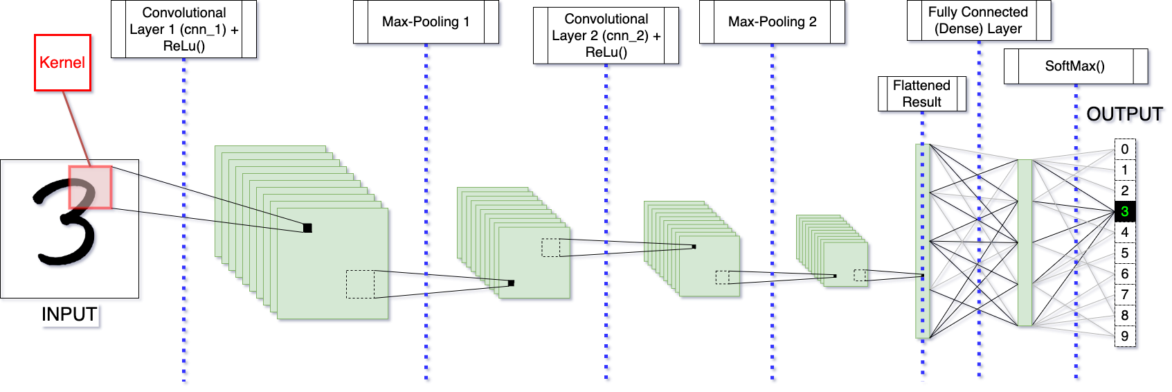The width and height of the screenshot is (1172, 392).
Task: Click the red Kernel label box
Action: point(62,62)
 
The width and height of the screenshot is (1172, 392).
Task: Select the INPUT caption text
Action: point(69,314)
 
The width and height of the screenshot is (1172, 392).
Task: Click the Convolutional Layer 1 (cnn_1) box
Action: point(183,29)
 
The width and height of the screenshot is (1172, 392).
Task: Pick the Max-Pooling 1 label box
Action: point(426,22)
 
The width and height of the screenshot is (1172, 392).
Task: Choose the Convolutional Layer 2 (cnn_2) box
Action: point(606,35)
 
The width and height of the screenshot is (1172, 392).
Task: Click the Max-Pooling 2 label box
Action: point(772,22)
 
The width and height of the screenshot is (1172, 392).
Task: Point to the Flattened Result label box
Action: point(921,93)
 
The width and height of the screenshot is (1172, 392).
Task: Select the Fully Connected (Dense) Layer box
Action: point(978,21)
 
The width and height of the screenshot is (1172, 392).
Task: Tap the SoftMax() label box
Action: point(1075,66)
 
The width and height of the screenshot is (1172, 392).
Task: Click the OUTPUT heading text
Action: point(1124,114)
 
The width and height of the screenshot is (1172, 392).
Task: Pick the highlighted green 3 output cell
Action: point(1125,211)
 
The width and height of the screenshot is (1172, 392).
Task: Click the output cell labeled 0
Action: point(1125,149)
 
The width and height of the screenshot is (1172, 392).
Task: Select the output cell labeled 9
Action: point(1125,336)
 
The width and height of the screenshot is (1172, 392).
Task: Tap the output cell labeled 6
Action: point(1125,274)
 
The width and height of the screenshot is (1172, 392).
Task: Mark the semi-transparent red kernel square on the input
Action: point(90,187)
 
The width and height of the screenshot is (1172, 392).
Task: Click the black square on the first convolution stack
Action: point(307,228)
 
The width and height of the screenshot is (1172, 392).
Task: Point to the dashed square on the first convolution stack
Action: point(360,284)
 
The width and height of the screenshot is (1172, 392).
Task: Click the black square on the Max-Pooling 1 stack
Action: point(511,283)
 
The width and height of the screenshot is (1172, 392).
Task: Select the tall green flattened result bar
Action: point(921,241)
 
